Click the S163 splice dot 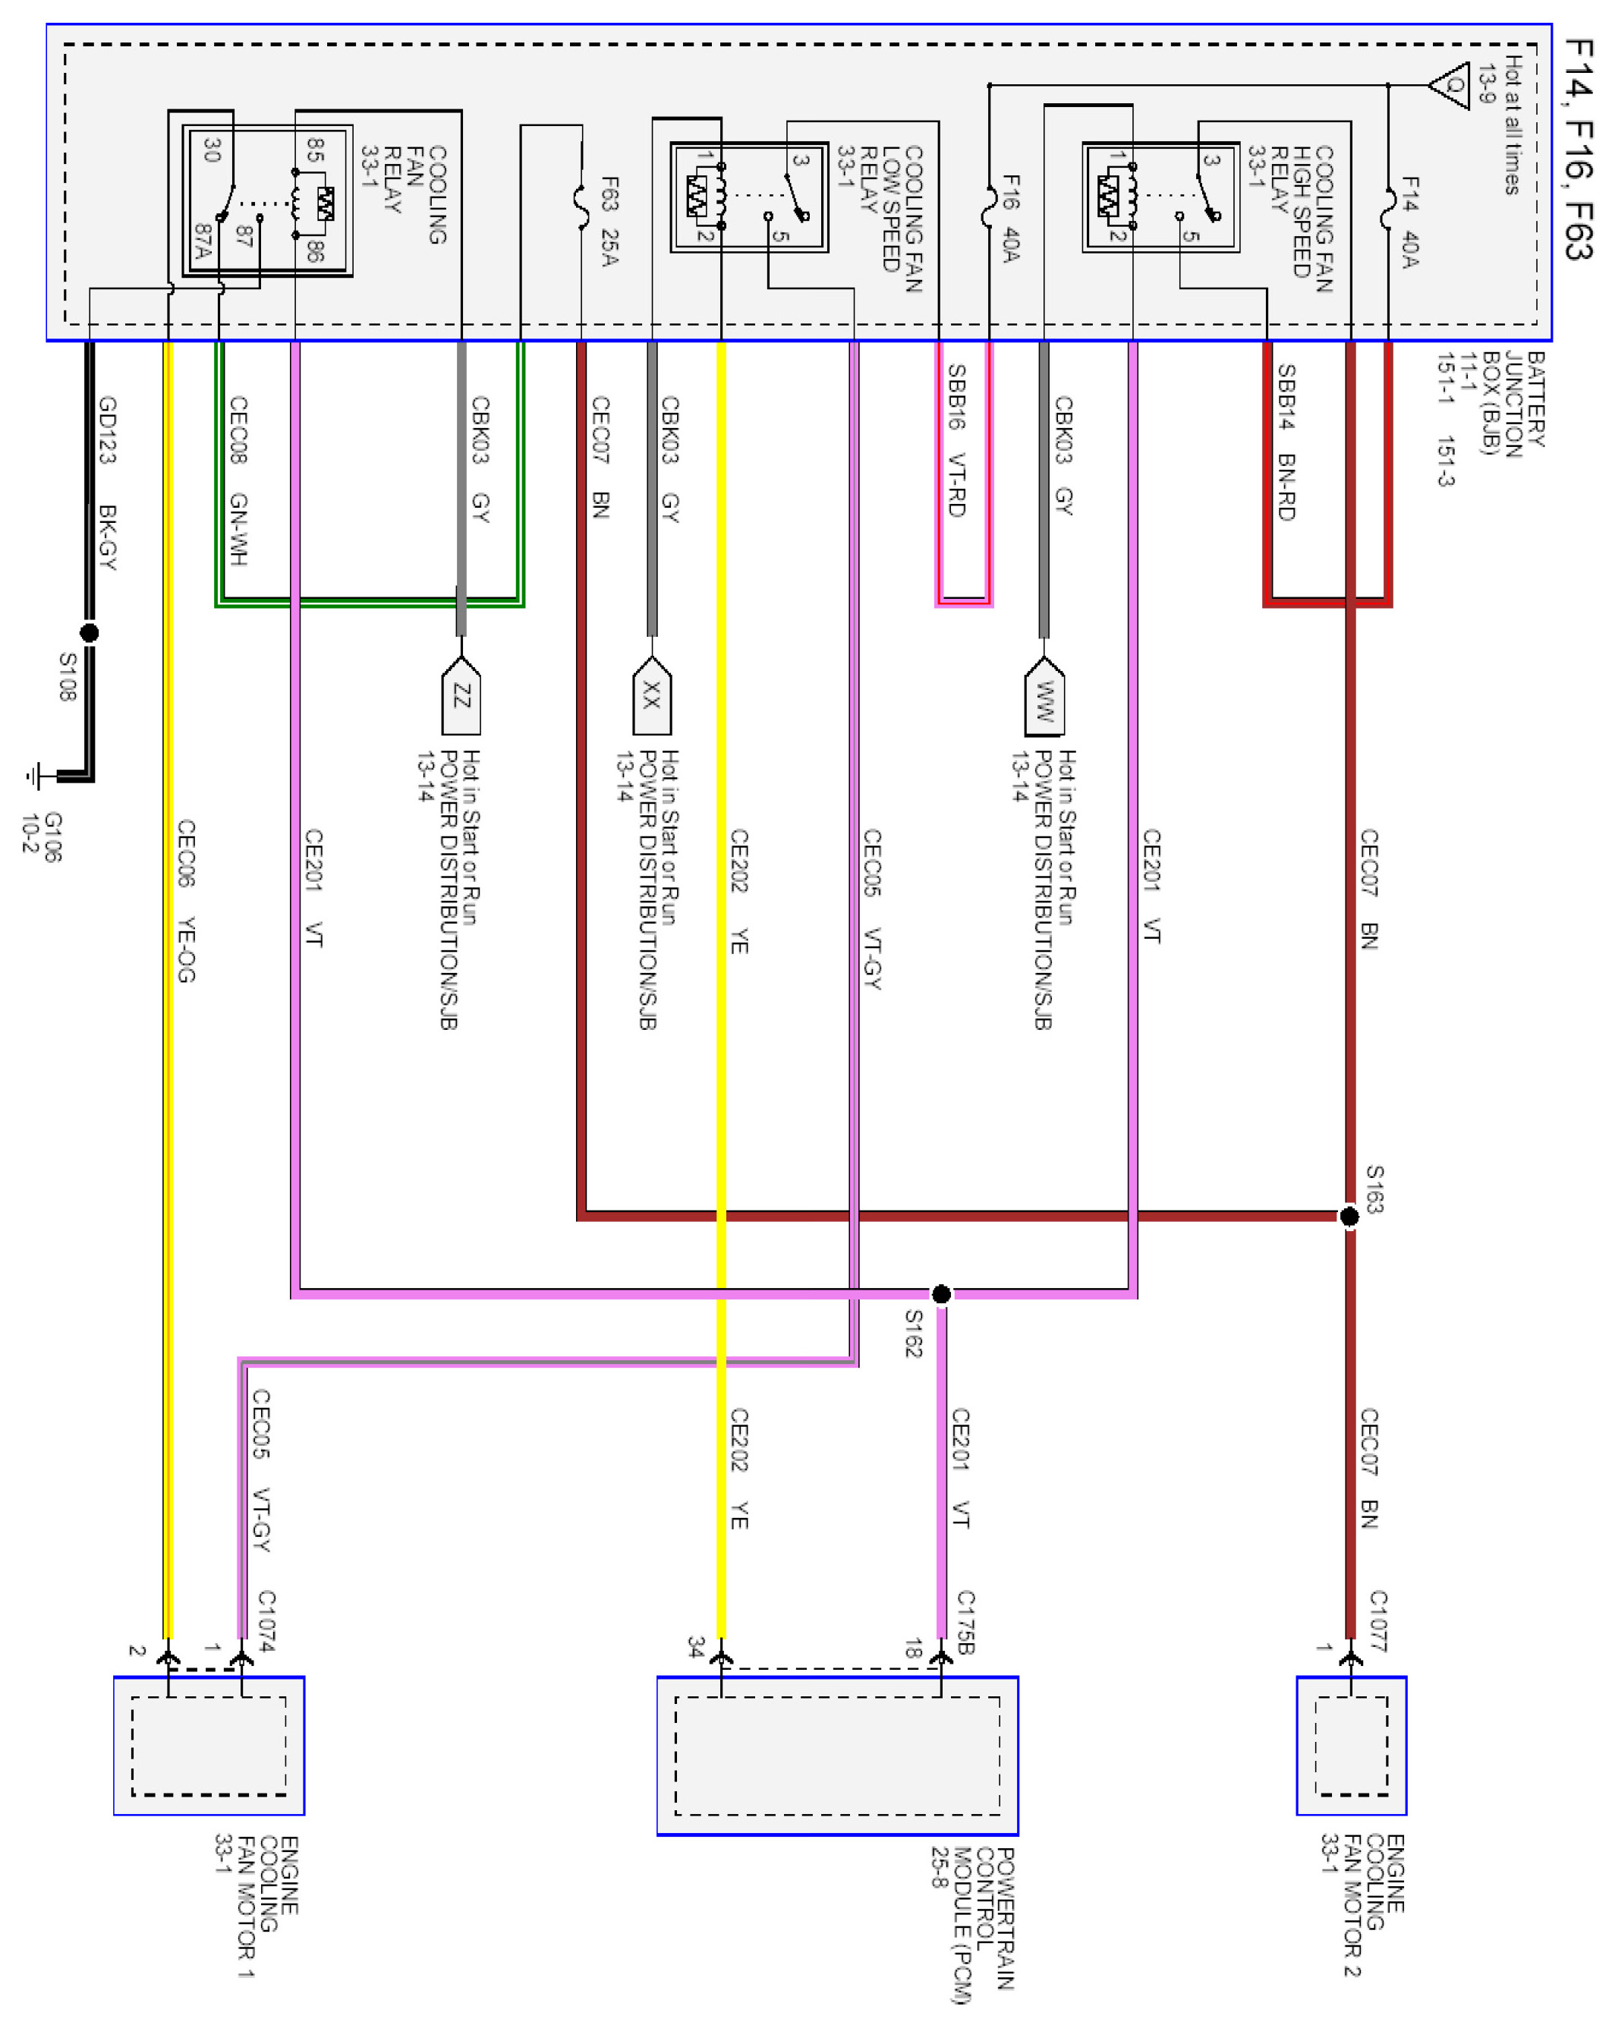[x=1349, y=1217]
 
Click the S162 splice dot [x=940, y=1294]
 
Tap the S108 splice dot [x=90, y=633]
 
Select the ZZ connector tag [x=461, y=697]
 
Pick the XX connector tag [x=652, y=697]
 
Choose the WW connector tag [x=1044, y=699]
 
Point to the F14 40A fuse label [x=1409, y=222]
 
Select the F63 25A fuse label [x=609, y=221]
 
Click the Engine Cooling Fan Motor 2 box [x=1351, y=1745]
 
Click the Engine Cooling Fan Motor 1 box [x=209, y=1745]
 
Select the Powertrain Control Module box [x=837, y=1755]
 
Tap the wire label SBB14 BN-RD [x=1286, y=442]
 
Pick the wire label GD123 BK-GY [x=108, y=483]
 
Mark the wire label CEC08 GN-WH [x=238, y=481]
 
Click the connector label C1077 [x=1377, y=1620]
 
